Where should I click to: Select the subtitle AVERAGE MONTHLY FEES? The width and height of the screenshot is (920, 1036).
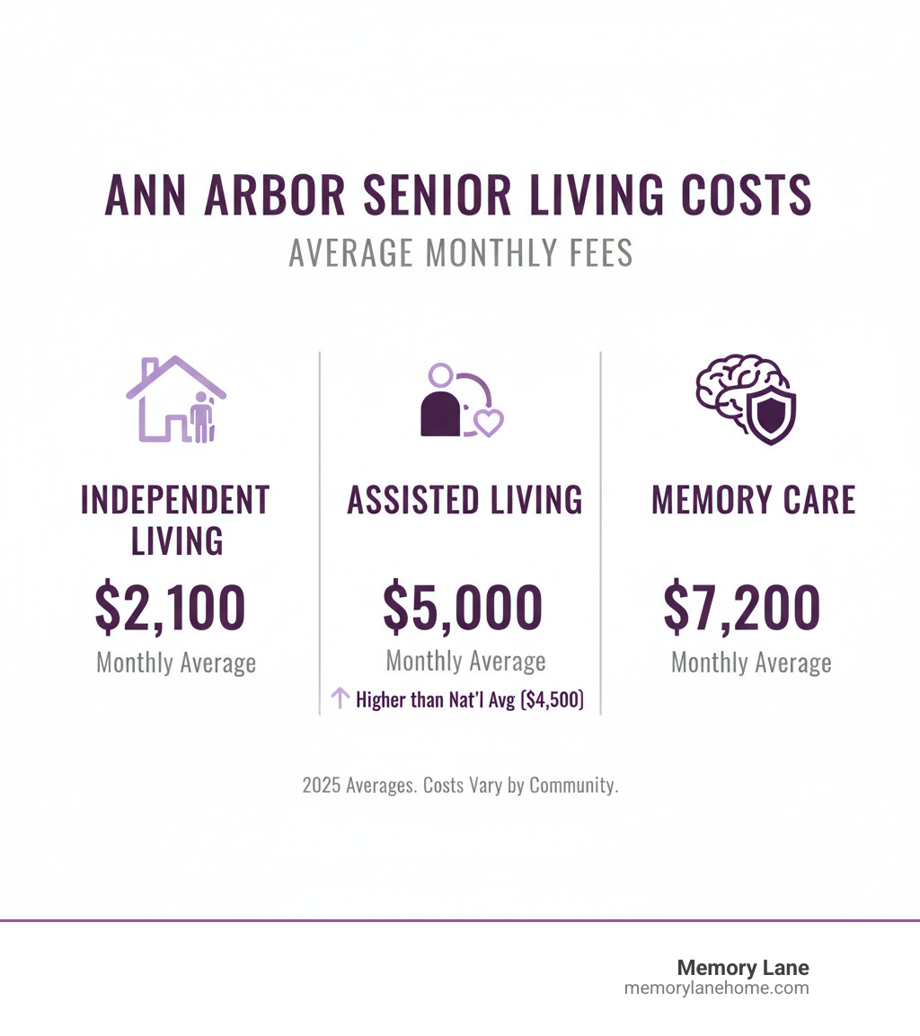[460, 253]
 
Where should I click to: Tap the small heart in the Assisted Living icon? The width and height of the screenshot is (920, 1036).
[488, 421]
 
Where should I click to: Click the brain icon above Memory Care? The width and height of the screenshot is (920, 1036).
[732, 395]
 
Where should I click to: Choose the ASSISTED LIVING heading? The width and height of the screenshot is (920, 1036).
[464, 500]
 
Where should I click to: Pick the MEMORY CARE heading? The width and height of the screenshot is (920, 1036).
[753, 500]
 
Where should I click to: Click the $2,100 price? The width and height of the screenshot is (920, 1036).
[170, 608]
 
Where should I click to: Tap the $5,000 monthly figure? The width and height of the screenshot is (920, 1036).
[463, 608]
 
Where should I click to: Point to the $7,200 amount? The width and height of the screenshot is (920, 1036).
[742, 608]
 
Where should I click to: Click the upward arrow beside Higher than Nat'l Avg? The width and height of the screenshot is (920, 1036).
[340, 698]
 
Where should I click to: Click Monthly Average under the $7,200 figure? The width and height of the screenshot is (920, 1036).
[751, 663]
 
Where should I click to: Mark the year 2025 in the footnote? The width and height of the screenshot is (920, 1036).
[322, 785]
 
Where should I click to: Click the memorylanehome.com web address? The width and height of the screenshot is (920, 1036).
[716, 988]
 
